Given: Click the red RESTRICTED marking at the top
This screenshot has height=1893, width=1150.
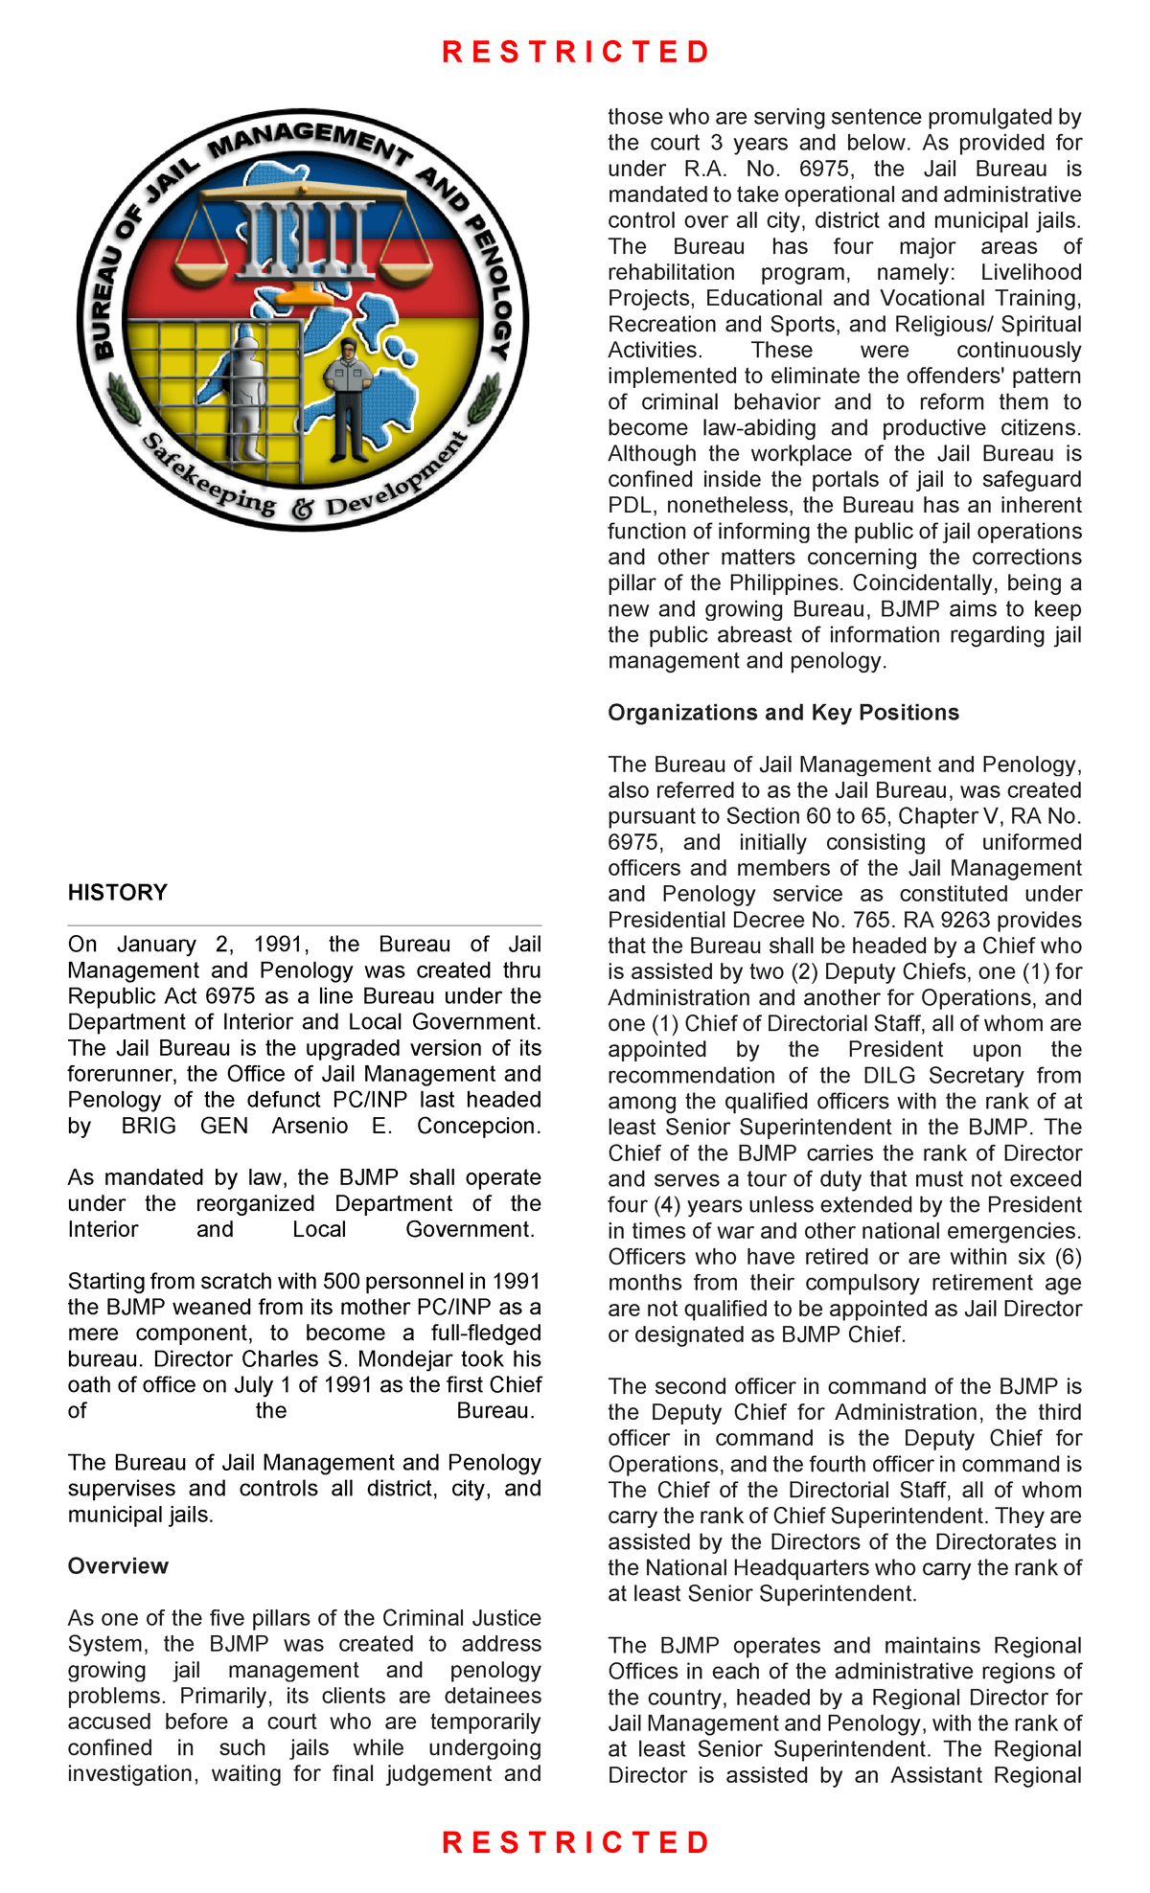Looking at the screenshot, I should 575,52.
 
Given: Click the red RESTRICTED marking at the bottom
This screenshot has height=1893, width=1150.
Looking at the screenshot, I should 575,1841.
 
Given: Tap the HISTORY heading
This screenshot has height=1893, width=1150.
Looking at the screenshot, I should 117,893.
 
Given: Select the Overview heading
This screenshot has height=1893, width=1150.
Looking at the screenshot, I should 118,1566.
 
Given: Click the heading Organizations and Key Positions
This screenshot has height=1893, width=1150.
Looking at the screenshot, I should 783,713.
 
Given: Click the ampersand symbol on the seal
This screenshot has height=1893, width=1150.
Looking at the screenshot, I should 303,509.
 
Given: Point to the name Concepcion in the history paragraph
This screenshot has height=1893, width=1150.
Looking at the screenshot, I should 478,1126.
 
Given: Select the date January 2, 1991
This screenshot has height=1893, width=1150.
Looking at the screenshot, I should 207,945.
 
